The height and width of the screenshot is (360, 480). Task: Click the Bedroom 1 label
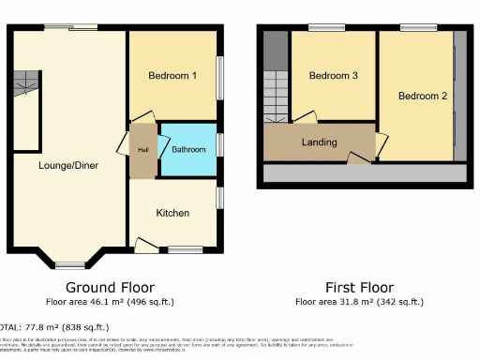tap(172, 77)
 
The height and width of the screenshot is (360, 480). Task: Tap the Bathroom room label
tap(187, 149)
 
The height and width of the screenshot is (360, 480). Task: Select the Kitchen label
tap(172, 213)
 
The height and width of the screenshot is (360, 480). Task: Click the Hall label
tap(143, 149)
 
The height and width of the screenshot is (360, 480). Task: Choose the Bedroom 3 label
tap(334, 77)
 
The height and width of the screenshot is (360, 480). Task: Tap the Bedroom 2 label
tap(421, 96)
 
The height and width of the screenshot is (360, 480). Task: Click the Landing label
tap(319, 142)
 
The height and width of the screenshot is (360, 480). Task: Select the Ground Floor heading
tap(111, 287)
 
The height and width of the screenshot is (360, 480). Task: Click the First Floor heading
tap(360, 287)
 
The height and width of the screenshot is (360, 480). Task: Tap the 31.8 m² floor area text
tap(360, 302)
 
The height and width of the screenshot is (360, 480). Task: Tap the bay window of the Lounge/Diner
tap(71, 264)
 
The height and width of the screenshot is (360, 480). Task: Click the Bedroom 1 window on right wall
tap(221, 75)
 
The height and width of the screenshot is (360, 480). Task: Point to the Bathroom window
tap(221, 144)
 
